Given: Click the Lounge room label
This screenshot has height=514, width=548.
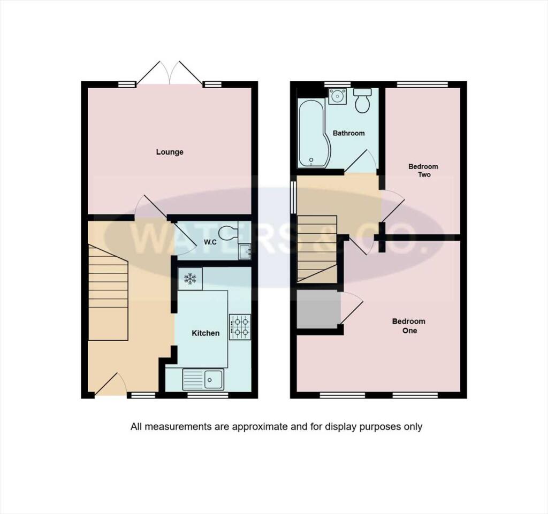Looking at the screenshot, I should point(170,152).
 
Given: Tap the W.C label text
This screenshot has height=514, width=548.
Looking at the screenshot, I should point(210,242).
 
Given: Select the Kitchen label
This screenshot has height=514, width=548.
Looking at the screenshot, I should point(205,333).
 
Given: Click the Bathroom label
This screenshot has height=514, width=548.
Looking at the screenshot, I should point(348,133).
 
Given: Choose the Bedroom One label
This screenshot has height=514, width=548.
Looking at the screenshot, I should point(408,326).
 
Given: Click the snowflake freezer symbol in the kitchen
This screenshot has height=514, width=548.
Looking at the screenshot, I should point(190,278).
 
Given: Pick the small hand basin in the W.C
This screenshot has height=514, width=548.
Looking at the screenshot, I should point(245,251).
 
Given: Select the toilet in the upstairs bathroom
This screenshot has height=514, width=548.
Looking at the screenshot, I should point(363,101).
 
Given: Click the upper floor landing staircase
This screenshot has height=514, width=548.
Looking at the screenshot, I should point(317,248).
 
